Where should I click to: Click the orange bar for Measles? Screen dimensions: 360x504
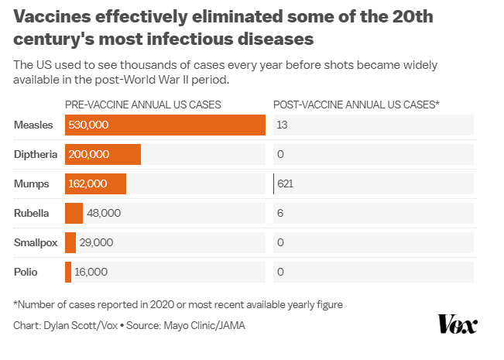point(165,125)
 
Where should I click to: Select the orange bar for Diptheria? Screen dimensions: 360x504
point(103,154)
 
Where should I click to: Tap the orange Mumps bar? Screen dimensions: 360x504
point(95,183)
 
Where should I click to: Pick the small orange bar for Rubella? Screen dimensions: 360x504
point(74,213)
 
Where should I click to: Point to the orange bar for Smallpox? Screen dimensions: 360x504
point(70,242)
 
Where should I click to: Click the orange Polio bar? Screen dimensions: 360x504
point(68,272)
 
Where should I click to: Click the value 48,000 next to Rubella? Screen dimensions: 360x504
point(105,213)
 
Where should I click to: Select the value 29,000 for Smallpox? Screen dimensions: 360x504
point(97,242)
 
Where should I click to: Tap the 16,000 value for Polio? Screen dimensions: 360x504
point(91,272)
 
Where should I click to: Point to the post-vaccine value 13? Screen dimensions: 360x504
point(283,125)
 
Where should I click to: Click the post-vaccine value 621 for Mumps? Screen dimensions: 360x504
point(286,183)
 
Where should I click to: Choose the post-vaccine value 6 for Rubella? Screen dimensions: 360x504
point(280,213)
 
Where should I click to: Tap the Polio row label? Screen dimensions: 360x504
point(26,272)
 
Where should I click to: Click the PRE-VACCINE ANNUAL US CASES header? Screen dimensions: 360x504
point(143,104)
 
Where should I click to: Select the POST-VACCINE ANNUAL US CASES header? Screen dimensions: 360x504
point(356,104)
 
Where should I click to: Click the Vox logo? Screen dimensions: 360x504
point(458,324)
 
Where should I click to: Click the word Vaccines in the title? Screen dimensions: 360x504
point(50,16)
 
